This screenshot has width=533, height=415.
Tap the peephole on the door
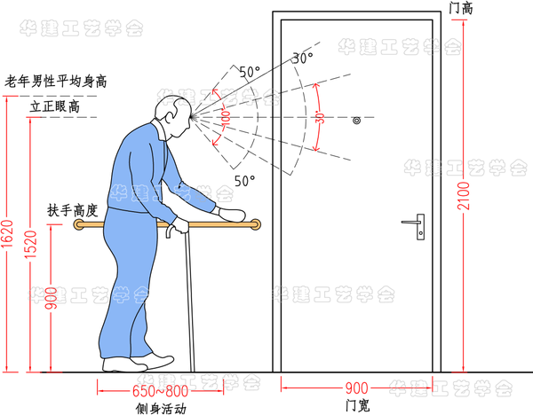point(355,118)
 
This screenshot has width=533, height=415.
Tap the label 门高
point(462,8)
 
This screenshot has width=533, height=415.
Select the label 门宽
point(356,406)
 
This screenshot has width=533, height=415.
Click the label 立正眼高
point(56,106)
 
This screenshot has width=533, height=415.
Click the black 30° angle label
point(304,59)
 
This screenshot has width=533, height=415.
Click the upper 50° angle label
point(250,71)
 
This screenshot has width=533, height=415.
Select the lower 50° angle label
point(245,180)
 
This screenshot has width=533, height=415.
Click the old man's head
point(173,113)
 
